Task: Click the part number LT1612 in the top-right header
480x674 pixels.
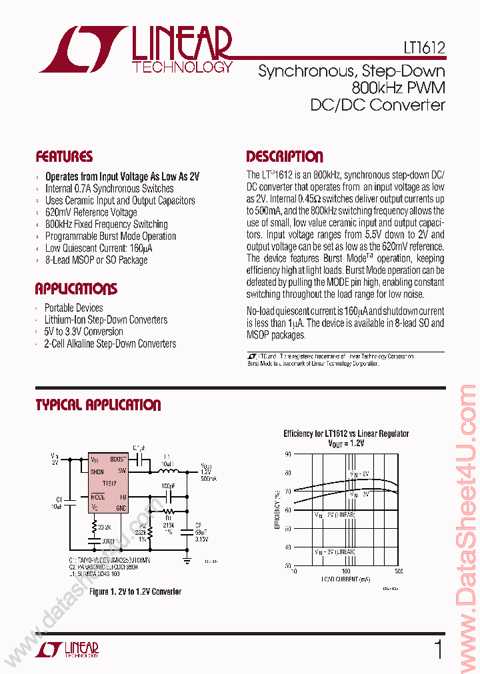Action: click(x=424, y=48)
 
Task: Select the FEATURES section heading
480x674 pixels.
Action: click(x=64, y=157)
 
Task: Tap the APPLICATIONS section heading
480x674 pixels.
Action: click(x=76, y=289)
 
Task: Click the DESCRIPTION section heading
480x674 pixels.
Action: click(x=285, y=157)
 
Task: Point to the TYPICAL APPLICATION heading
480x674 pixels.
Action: click(x=98, y=405)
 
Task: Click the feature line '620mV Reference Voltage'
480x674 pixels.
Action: click(x=91, y=212)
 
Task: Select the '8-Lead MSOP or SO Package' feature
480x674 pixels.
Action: click(x=96, y=260)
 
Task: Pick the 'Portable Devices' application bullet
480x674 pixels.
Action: click(x=73, y=308)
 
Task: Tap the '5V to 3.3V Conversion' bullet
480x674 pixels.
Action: click(x=83, y=332)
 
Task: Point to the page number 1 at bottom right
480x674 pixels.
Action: click(x=437, y=649)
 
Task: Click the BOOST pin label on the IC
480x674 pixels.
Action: click(x=117, y=460)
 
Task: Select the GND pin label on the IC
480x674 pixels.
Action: click(x=121, y=508)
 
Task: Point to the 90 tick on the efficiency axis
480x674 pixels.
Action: click(x=289, y=454)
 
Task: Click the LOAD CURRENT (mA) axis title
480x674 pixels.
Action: click(x=346, y=579)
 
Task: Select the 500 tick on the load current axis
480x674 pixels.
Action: click(x=398, y=571)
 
